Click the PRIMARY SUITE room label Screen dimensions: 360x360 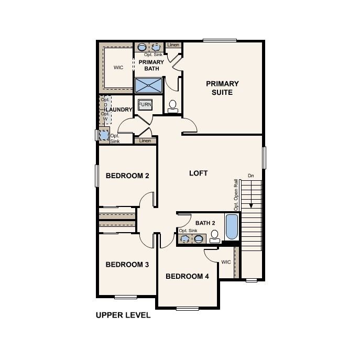(x=222, y=88)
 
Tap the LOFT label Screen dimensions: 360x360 (x=198, y=173)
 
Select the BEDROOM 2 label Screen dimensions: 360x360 (x=127, y=176)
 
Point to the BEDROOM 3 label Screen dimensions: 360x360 (x=127, y=265)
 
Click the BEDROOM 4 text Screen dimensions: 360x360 (x=187, y=276)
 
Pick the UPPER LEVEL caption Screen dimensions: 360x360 (x=123, y=315)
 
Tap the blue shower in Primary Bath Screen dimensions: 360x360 (x=149, y=85)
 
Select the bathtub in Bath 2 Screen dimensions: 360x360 (x=231, y=226)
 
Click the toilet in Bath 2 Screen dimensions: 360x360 (x=214, y=237)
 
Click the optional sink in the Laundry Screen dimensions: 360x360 (x=104, y=135)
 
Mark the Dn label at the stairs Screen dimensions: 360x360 (x=251, y=176)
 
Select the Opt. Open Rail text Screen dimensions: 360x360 (x=236, y=195)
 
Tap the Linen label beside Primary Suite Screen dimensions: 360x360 (x=173, y=46)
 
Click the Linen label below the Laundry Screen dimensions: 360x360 (x=146, y=140)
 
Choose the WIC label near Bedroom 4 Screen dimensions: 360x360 (x=226, y=261)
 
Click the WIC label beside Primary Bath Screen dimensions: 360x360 (x=118, y=68)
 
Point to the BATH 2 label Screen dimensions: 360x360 (x=205, y=223)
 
